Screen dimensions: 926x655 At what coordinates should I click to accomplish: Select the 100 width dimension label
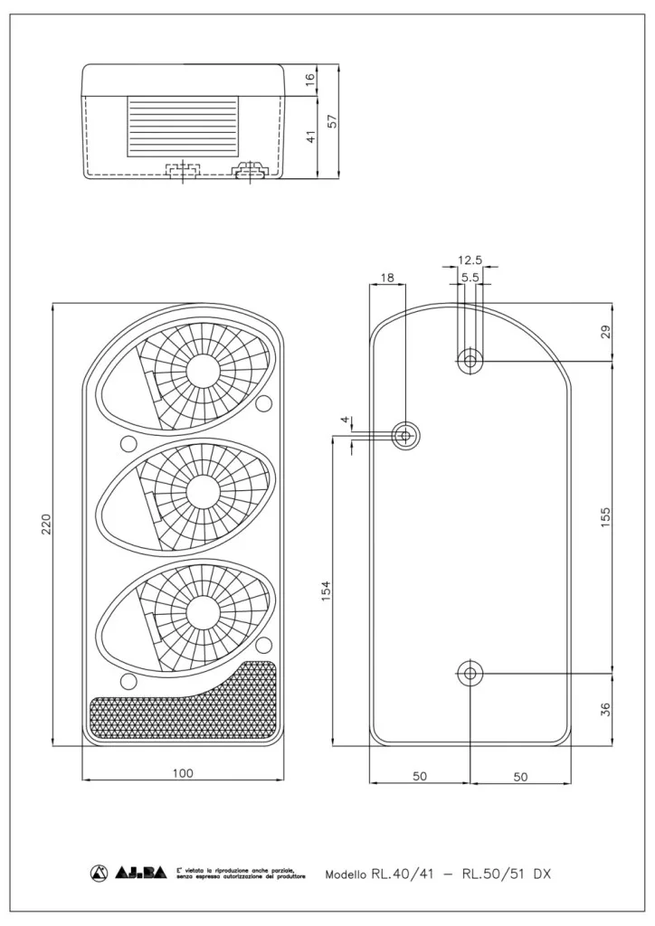183,772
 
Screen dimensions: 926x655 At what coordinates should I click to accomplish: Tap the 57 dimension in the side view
332,121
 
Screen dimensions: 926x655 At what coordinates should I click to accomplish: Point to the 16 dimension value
310,80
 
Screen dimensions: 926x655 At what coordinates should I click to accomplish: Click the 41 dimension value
310,137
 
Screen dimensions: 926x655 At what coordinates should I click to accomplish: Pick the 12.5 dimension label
470,260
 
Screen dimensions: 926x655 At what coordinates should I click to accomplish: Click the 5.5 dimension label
470,278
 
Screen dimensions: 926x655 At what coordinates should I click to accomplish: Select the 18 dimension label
386,278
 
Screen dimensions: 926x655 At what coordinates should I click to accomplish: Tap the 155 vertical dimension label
606,515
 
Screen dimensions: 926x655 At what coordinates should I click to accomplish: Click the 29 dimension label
606,332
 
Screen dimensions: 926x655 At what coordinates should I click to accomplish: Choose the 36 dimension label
606,709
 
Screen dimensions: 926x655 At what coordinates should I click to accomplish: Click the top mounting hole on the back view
470,361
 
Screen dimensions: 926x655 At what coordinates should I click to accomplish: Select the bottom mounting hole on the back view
470,674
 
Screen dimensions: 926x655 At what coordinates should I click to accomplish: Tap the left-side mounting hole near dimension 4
405,436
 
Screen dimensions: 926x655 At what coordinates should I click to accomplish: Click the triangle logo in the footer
99,873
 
